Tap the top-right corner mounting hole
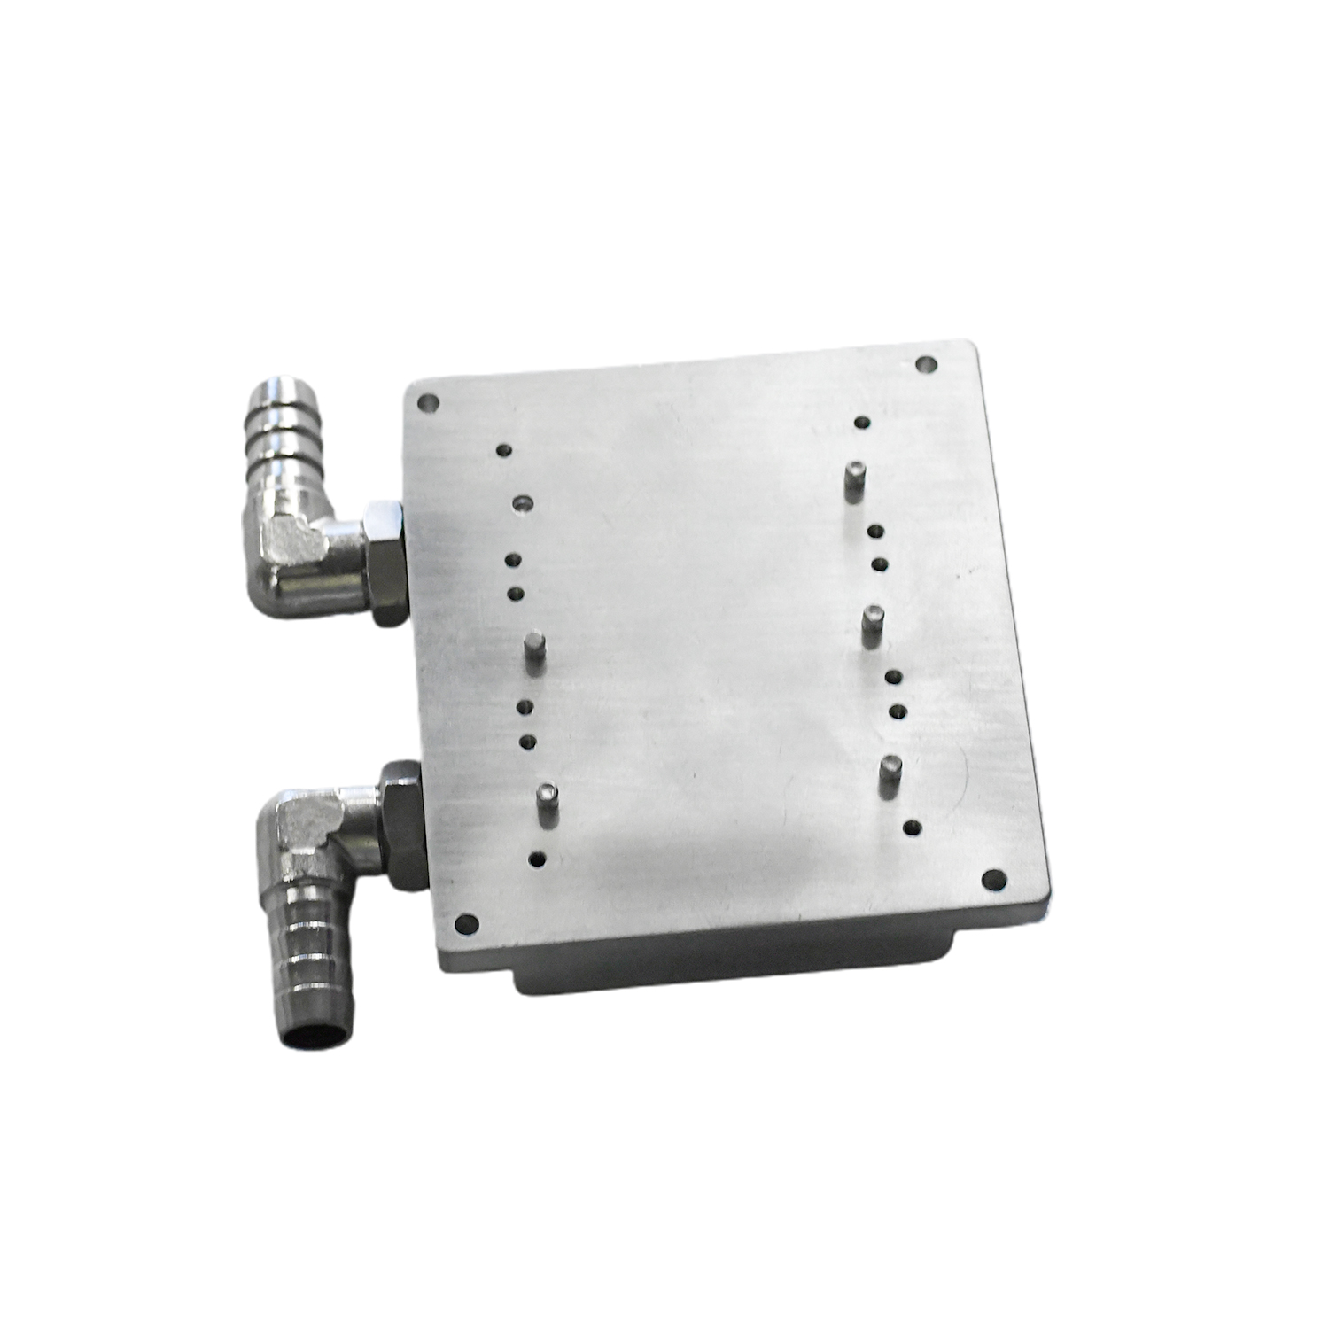[926, 363]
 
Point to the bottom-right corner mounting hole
[993, 878]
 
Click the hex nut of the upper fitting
[385, 562]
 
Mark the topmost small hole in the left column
[504, 450]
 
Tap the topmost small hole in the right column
[860, 423]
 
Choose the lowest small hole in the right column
[911, 828]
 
